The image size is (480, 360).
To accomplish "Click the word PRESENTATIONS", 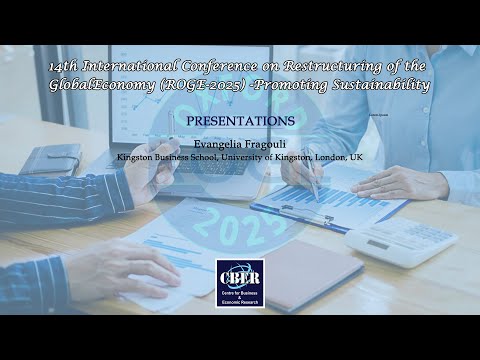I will pyautogui.click(x=240, y=120).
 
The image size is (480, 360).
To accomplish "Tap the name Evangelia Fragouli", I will pyautogui.click(x=240, y=143).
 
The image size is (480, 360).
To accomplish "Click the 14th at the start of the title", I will pyautogui.click(x=64, y=66).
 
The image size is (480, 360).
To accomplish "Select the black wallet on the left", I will pyautogui.click(x=49, y=159).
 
